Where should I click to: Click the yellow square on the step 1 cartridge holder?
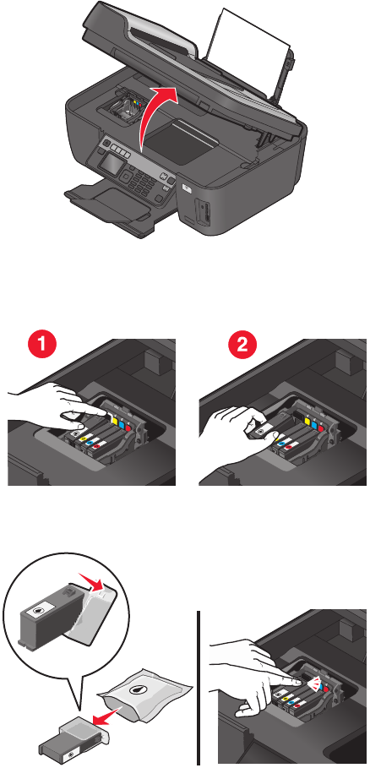pos(115,420)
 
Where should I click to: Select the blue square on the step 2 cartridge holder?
pos(314,422)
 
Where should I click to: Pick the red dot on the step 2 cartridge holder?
pos(322,426)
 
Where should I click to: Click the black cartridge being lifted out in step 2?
pos(263,428)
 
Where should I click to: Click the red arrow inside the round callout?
pos(93,585)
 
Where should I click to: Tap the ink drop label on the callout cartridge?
pos(38,610)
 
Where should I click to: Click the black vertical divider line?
pos(199,687)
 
